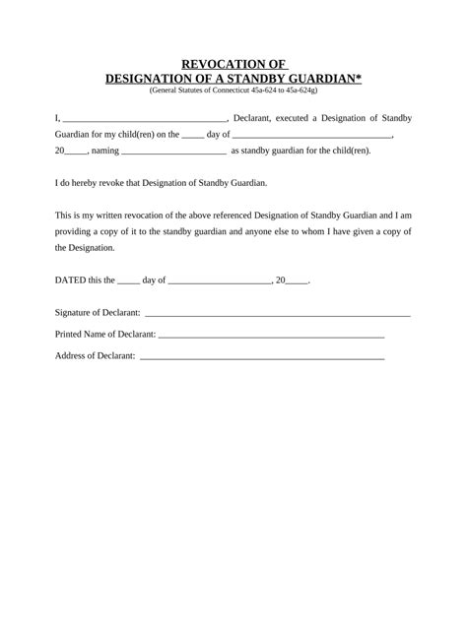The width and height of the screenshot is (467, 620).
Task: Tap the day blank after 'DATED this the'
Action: tap(128, 281)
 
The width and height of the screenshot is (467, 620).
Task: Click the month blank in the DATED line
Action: tap(221, 281)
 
